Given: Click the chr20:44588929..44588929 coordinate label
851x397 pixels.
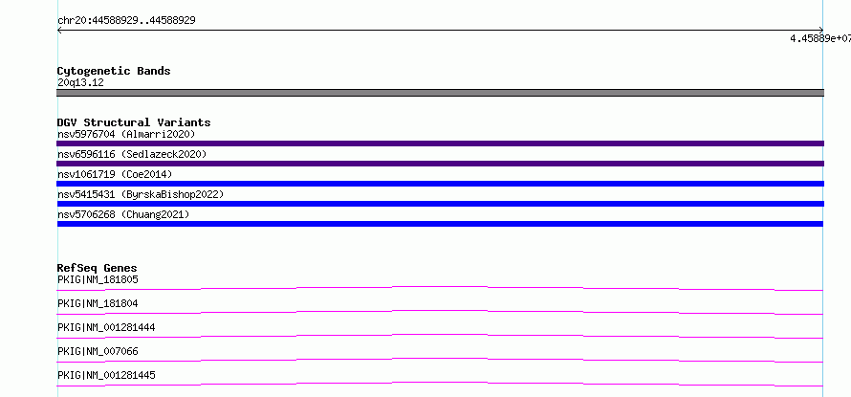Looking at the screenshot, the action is [x=126, y=21].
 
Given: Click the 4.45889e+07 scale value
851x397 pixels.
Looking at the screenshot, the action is [x=820, y=38].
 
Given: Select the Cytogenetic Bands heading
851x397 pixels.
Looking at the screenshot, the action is [x=114, y=71].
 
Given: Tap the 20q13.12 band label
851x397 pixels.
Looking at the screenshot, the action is [x=80, y=83].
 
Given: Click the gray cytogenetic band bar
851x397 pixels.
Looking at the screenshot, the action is [x=440, y=93].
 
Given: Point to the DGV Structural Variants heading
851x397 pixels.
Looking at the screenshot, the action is [x=134, y=122].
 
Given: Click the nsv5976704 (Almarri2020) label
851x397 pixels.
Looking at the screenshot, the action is [x=126, y=134].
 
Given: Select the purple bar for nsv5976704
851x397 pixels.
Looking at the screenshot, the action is [x=440, y=143].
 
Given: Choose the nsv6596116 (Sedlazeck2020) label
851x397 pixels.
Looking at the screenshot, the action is [x=132, y=154].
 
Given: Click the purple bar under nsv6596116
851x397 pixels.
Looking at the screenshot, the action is [x=440, y=164].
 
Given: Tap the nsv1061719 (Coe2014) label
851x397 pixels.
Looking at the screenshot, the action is [x=115, y=174].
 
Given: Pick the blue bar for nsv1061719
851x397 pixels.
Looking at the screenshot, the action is [x=440, y=184].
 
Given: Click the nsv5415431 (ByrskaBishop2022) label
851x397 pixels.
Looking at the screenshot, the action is [x=141, y=194].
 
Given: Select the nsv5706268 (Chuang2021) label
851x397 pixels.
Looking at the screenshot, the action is [x=123, y=214].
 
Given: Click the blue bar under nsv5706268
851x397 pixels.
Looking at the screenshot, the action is [x=440, y=224].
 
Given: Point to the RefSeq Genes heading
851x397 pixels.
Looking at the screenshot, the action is [x=98, y=268].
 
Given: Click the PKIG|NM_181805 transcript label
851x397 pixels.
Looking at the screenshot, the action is [x=98, y=280].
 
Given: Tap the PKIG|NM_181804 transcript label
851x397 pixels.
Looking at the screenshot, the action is [x=98, y=304].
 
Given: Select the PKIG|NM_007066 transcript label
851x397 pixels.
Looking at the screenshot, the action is [x=98, y=352].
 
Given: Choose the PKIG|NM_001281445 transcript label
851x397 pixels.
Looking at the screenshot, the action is [x=106, y=376].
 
